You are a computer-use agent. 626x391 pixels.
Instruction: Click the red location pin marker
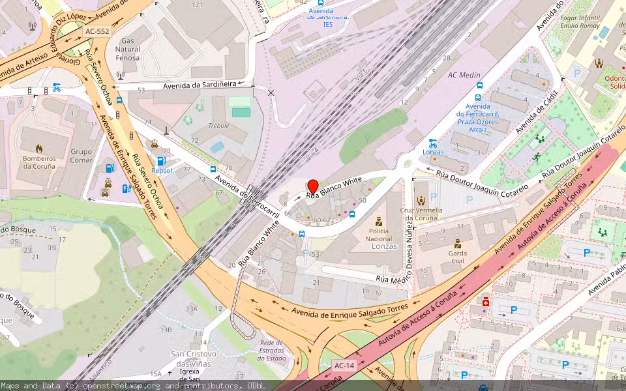coord(312,186)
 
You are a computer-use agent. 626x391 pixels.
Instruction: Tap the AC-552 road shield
coord(97,31)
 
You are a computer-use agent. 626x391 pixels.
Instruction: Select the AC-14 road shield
coord(344,366)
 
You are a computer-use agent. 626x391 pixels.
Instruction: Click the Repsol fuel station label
coord(162,171)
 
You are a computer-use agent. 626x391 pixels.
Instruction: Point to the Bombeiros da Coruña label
coord(39,162)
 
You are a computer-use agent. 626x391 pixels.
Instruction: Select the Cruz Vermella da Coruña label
coord(421,214)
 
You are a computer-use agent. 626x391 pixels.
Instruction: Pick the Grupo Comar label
coord(82,156)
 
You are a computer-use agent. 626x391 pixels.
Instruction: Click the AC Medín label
coord(464,75)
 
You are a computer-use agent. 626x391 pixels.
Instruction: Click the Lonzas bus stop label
coord(432,152)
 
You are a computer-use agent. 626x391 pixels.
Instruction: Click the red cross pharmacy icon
coord(485,302)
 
